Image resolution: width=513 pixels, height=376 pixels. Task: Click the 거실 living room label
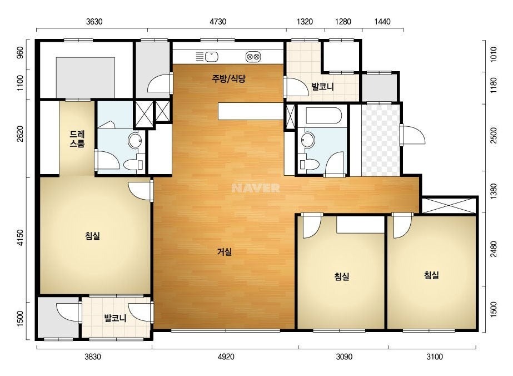click(225, 252)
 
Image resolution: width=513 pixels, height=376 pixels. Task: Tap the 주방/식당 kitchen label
click(228, 78)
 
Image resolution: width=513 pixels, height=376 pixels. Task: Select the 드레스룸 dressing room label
click(77, 139)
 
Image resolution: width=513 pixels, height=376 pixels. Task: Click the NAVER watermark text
click(256, 188)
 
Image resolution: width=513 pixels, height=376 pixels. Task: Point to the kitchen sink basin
click(212, 57)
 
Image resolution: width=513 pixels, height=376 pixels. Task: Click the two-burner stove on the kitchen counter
click(253, 57)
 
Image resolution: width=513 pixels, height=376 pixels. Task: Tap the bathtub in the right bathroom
click(323, 116)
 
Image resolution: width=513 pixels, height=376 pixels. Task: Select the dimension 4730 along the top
click(218, 22)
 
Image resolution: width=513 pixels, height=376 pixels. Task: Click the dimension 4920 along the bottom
click(226, 357)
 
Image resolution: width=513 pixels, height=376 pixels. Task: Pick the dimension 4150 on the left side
click(20, 238)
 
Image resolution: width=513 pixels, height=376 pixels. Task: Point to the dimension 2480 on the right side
click(494, 249)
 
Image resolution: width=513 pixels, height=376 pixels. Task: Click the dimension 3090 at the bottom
click(344, 357)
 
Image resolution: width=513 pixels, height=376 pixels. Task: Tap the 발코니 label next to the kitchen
click(322, 87)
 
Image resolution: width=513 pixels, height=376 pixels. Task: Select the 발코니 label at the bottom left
click(115, 318)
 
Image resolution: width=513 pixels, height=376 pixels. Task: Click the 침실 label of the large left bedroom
click(92, 235)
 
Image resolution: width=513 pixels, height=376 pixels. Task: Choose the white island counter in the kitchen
click(251, 111)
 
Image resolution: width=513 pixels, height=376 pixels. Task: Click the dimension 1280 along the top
click(343, 22)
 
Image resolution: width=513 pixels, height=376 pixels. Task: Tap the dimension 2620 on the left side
click(20, 133)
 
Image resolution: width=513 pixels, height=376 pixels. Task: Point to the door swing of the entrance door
click(413, 134)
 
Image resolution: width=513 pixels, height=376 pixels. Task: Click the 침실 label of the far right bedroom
click(431, 275)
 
